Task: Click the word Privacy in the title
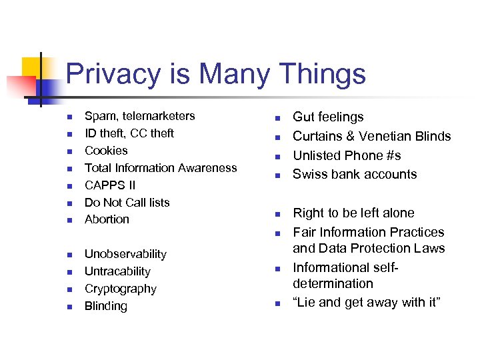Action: [113, 74]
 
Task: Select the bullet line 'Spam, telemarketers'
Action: [140, 116]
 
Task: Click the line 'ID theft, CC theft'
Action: [129, 133]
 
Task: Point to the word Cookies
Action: [106, 151]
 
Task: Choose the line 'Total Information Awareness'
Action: [161, 168]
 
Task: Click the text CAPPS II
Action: [110, 185]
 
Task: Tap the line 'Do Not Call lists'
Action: [127, 203]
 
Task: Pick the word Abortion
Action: [107, 219]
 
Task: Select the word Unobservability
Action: [125, 254]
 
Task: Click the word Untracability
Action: [117, 271]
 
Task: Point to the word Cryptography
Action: [121, 289]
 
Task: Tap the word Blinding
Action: [106, 306]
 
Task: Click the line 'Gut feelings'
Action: [328, 117]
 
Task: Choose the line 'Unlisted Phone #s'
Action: [347, 155]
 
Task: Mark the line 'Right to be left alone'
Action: [353, 213]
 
